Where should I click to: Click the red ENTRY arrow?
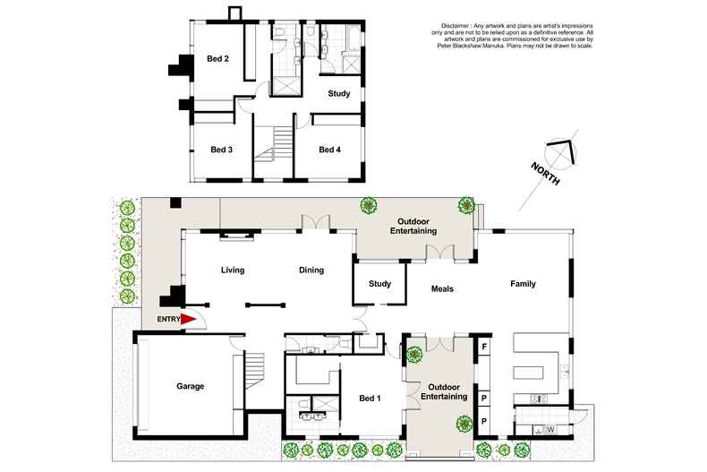click(189, 318)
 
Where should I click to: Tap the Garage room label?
click(190, 386)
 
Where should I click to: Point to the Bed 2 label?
click(218, 59)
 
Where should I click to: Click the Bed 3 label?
click(221, 150)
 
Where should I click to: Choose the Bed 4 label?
click(330, 150)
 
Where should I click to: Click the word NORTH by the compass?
click(544, 172)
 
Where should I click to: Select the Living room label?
click(233, 270)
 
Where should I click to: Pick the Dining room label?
click(311, 270)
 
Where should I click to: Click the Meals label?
click(442, 289)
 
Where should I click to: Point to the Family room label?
click(523, 284)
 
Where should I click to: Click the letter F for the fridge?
click(484, 346)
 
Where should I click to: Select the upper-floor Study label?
click(339, 93)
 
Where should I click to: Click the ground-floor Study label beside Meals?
click(379, 285)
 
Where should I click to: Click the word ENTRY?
click(168, 319)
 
